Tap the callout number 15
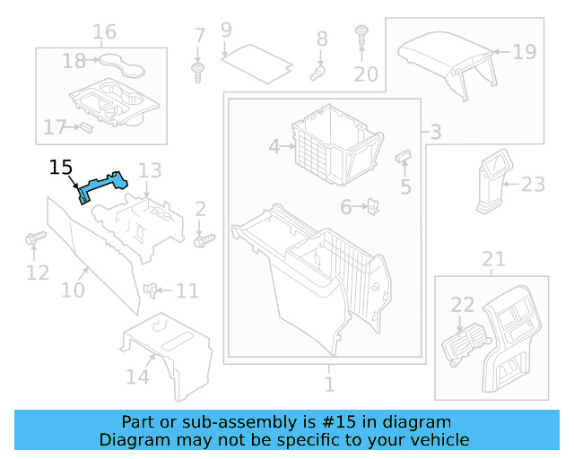pyautogui.click(x=61, y=167)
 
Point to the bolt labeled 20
pyautogui.click(x=361, y=38)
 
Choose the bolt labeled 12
pyautogui.click(x=35, y=239)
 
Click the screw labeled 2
pyautogui.click(x=205, y=239)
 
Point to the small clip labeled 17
pyautogui.click(x=86, y=126)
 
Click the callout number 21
pyautogui.click(x=493, y=260)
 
